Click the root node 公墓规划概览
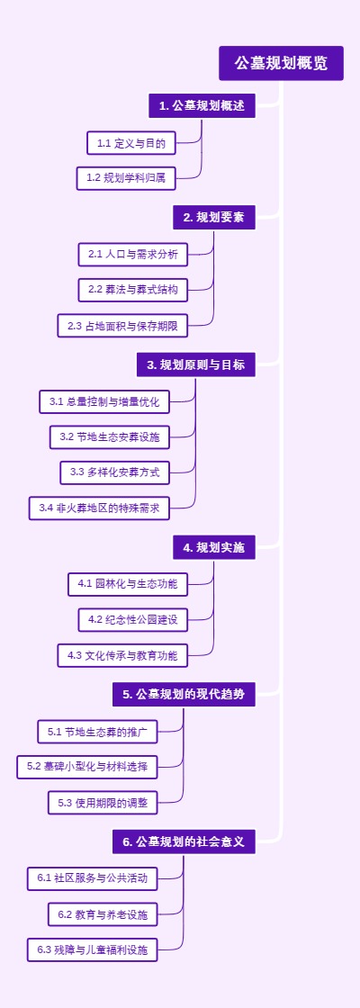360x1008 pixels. point(281,63)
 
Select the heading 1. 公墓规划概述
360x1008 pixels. point(202,106)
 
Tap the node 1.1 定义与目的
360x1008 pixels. point(131,143)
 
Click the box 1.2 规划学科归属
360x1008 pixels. point(126,178)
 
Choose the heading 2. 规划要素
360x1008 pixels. point(214,217)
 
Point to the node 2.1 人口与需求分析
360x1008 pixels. point(133,255)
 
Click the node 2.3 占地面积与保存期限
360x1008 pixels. point(131,326)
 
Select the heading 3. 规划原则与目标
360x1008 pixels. point(195,364)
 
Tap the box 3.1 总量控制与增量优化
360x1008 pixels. point(104,401)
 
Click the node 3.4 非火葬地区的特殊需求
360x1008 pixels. point(99,508)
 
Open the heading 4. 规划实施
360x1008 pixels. point(214,547)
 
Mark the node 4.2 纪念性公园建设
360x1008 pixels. point(133,619)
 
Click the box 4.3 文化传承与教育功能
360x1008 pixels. point(122,655)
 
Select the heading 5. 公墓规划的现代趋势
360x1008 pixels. point(184,695)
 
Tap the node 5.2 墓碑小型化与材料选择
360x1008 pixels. point(87,767)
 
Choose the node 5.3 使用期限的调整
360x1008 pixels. point(103,802)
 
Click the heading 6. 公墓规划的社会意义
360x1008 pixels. point(184,842)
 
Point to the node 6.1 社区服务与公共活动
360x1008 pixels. point(93,877)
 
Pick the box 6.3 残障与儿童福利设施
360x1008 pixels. point(93,949)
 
